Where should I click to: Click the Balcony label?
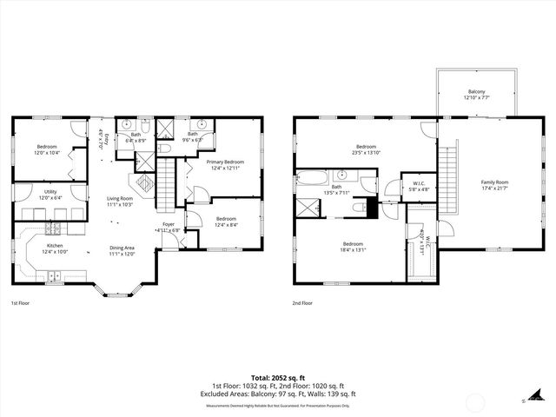(x=476, y=91)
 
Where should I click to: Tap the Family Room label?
(x=494, y=182)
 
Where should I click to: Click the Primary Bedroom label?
(x=224, y=162)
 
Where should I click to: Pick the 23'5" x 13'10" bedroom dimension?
(x=366, y=153)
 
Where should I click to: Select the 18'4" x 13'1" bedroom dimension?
(x=352, y=249)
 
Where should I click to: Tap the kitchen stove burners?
(x=54, y=229)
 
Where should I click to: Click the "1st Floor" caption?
(x=21, y=303)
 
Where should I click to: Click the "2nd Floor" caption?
(x=303, y=303)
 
